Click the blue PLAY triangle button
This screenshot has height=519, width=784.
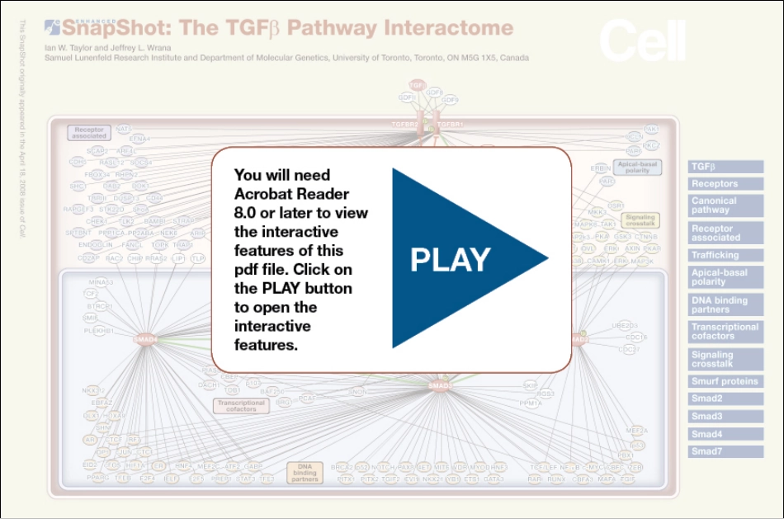click(458, 258)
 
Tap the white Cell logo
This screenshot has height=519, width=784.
click(642, 40)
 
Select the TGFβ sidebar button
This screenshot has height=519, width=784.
click(726, 167)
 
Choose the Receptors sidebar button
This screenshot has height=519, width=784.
click(726, 184)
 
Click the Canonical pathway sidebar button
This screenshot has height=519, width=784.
click(726, 205)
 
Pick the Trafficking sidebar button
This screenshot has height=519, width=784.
click(726, 256)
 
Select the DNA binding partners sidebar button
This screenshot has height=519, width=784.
click(726, 305)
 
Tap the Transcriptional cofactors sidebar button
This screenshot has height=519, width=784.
click(726, 332)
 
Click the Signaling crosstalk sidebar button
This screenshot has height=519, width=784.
click(726, 360)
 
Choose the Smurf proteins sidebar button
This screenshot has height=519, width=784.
click(726, 382)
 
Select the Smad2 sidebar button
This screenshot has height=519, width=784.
click(726, 399)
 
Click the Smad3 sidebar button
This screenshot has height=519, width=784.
click(726, 417)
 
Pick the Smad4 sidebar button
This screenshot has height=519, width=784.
click(726, 434)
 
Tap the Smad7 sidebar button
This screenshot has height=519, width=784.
click(726, 451)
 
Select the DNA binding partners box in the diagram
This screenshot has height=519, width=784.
click(305, 471)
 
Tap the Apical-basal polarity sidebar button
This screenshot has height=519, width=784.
click(726, 277)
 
